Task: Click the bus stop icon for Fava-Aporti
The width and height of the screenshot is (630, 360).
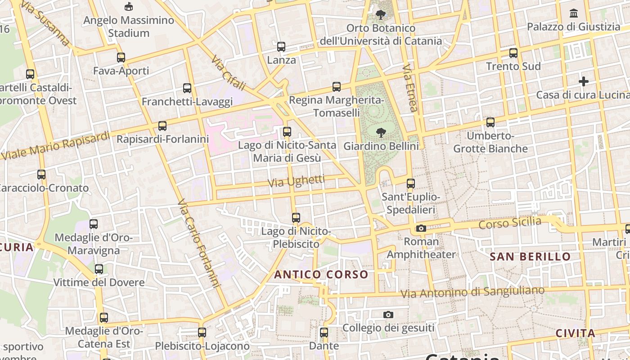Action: coord(121,58)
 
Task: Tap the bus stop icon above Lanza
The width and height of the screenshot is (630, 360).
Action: coord(281,47)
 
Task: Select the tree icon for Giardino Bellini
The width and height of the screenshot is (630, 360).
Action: coord(381,133)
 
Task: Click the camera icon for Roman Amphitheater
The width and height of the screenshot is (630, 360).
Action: coord(421,229)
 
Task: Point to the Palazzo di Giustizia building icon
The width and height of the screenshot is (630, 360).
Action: coord(574,13)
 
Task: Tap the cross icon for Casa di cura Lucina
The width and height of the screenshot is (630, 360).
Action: coord(584,81)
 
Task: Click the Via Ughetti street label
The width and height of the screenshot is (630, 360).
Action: coord(296,181)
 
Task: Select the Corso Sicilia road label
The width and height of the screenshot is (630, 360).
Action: coord(510,223)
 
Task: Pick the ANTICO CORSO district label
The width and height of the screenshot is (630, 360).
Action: coord(321,274)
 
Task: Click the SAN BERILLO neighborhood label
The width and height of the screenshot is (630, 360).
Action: coord(530,257)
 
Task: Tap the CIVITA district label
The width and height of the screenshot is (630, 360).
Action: coord(576,333)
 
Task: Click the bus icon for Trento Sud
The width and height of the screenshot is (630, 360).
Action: coord(513,53)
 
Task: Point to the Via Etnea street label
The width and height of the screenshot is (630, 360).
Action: coord(410,88)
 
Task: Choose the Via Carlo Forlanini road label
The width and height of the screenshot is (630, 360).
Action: coord(198,243)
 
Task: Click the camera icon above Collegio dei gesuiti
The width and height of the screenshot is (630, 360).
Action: coord(388,315)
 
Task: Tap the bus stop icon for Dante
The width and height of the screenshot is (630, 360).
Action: coord(324,333)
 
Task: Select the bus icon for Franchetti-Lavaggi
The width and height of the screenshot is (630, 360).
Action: coord(187,88)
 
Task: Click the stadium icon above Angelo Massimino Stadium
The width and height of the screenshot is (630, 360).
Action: coord(129,6)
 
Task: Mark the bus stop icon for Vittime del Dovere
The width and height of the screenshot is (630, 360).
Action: coord(99,269)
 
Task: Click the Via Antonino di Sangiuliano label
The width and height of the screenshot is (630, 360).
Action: coord(472,292)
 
